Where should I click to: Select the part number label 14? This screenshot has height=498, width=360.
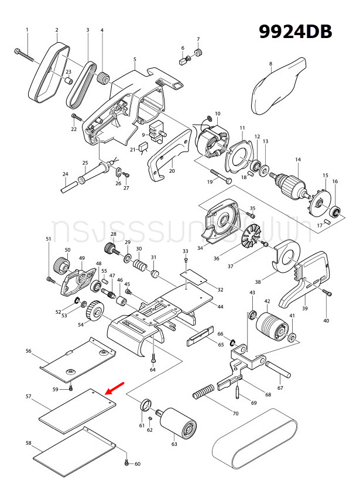coord(297,159)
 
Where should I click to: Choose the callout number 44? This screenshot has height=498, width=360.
coord(220,307)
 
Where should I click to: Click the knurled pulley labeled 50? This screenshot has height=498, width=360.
coord(61,266)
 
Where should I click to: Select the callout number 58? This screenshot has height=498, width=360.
coord(28,443)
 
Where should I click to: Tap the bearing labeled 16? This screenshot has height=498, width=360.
coord(336,211)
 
